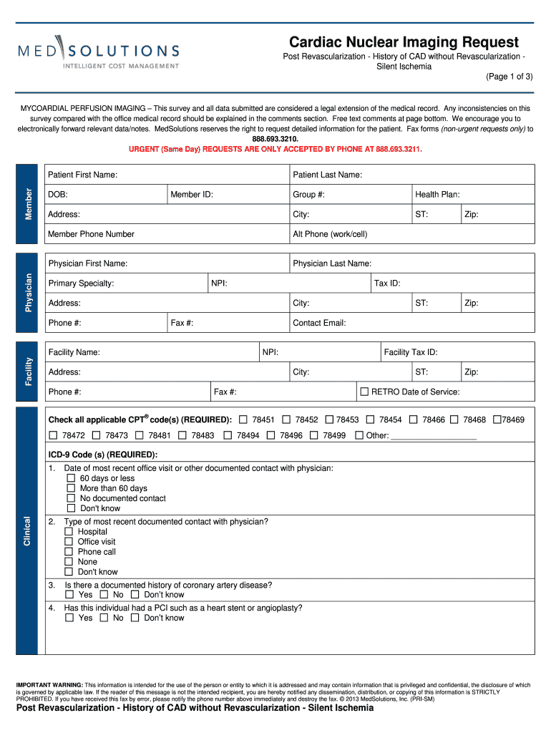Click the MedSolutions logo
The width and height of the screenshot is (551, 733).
[x=99, y=54]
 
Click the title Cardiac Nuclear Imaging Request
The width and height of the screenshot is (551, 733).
[x=404, y=42]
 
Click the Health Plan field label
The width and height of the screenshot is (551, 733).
[x=437, y=194]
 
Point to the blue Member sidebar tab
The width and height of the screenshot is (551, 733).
[x=27, y=204]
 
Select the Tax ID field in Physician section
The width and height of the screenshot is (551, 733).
[x=452, y=283]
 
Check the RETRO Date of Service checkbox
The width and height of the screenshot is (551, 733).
[x=364, y=392]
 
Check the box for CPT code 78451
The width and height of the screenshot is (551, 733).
[x=243, y=419]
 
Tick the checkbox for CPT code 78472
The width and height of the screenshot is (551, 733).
[x=53, y=435]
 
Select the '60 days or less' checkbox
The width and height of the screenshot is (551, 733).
[x=71, y=478]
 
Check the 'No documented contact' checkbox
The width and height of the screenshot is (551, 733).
[x=71, y=498]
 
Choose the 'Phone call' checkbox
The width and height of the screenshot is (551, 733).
[x=69, y=552]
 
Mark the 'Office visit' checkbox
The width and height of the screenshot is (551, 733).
[x=69, y=542]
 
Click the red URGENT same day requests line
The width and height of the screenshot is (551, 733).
[x=275, y=149]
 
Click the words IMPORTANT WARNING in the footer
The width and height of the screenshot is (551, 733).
[x=49, y=685]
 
